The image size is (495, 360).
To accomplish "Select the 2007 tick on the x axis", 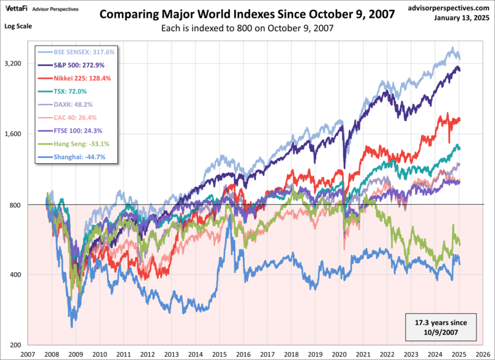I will [28, 354].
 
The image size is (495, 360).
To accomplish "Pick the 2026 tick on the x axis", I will [482, 354].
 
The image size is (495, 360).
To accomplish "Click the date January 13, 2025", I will [459, 18].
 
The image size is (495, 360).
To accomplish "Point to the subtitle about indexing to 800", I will [247, 28].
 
